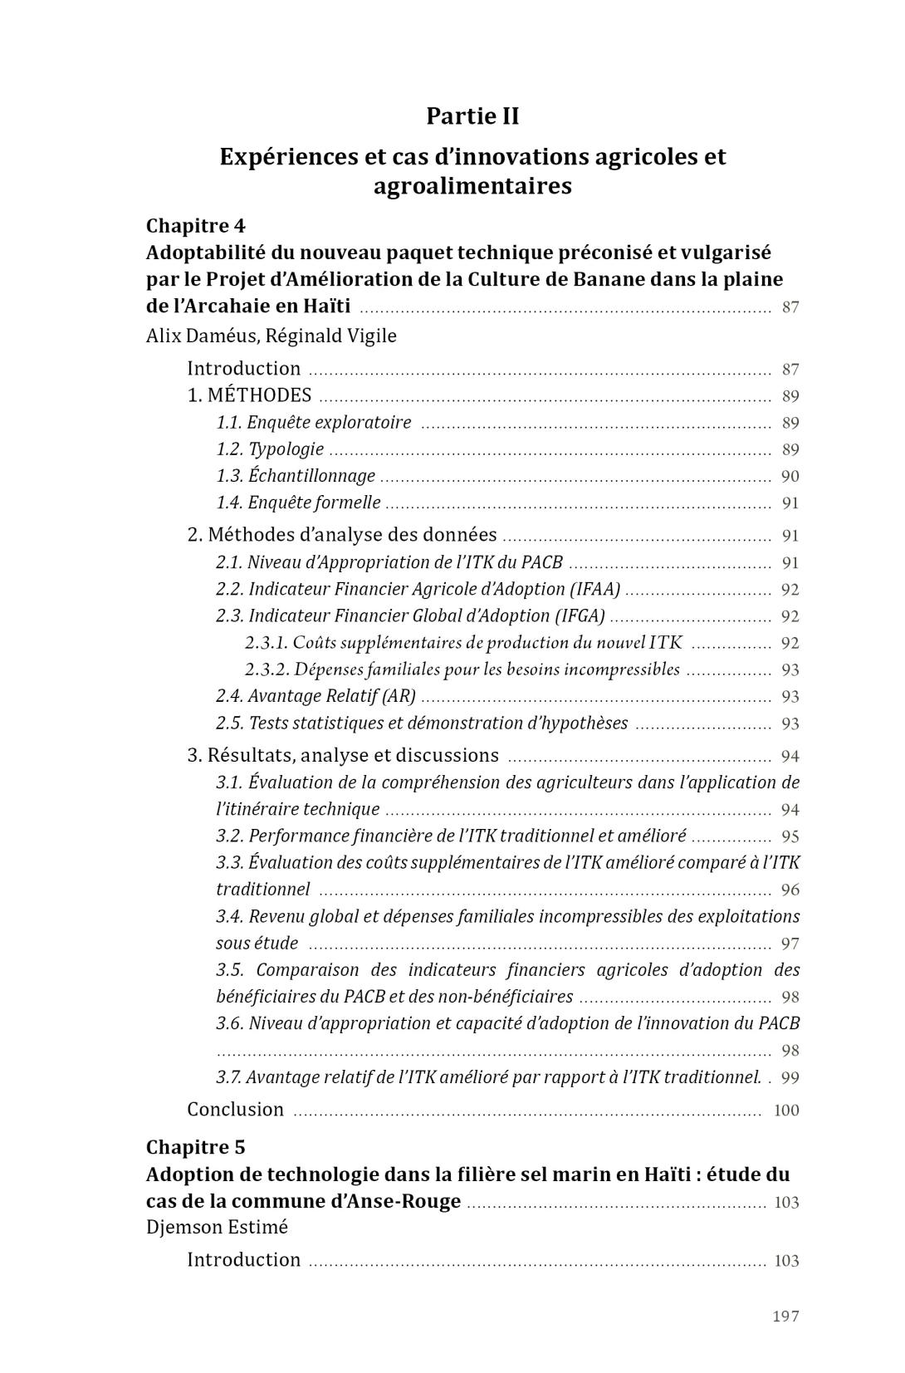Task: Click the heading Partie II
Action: [472, 116]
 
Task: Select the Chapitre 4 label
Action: [196, 226]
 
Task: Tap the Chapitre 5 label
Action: [196, 1147]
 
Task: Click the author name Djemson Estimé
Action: [217, 1227]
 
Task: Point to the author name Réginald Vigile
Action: [331, 336]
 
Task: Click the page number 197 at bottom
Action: [785, 1316]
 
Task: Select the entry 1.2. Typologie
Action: [270, 449]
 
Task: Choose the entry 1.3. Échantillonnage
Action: [296, 476]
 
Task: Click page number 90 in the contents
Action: [790, 477]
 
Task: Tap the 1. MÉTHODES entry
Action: [249, 395]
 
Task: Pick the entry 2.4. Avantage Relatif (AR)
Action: [316, 696]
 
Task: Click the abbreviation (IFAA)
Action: [594, 589]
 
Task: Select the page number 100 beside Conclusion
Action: [785, 1111]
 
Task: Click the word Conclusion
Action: [235, 1110]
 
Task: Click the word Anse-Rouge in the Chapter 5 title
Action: [412, 1201]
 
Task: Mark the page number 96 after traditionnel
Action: [790, 890]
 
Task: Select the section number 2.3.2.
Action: [267, 669]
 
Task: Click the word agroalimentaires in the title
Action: [472, 185]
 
